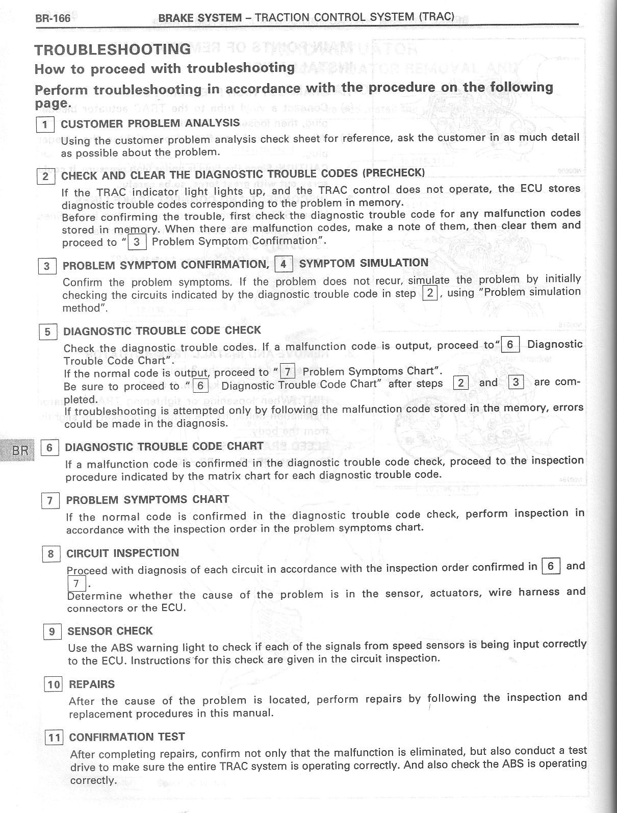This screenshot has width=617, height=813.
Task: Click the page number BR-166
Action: (x=53, y=19)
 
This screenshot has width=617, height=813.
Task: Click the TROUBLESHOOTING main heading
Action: (x=112, y=49)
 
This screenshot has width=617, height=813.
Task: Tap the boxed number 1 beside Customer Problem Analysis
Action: (x=45, y=124)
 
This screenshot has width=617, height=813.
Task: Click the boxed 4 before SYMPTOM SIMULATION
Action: (x=282, y=264)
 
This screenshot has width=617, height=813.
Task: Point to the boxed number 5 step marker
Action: (x=47, y=332)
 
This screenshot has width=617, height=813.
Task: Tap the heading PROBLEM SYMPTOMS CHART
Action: (x=147, y=499)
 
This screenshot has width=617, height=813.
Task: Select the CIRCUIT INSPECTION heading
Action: (x=123, y=553)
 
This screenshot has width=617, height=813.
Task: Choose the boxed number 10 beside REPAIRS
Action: (x=53, y=684)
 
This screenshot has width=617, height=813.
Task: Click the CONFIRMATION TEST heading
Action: (x=127, y=737)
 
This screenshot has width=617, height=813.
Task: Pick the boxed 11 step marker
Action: (x=54, y=738)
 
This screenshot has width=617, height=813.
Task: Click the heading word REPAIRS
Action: (x=92, y=684)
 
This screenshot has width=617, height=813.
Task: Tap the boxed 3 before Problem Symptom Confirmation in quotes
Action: (x=137, y=241)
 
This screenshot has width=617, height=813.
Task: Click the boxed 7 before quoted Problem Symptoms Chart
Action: (x=287, y=371)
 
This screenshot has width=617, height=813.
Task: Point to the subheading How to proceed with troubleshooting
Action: (x=164, y=68)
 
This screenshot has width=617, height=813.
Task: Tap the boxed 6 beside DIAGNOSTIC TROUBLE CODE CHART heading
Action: (x=49, y=448)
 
